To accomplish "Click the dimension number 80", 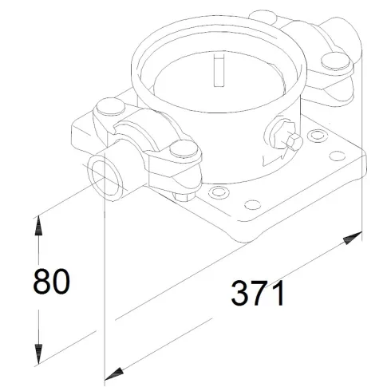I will pyautogui.click(x=51, y=282).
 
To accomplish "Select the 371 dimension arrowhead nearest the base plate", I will pyautogui.click(x=351, y=238).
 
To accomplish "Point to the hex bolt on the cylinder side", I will pyautogui.click(x=291, y=142).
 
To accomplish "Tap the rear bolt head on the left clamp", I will pyautogui.click(x=107, y=107).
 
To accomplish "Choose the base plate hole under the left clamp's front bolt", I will pyautogui.click(x=213, y=193).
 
